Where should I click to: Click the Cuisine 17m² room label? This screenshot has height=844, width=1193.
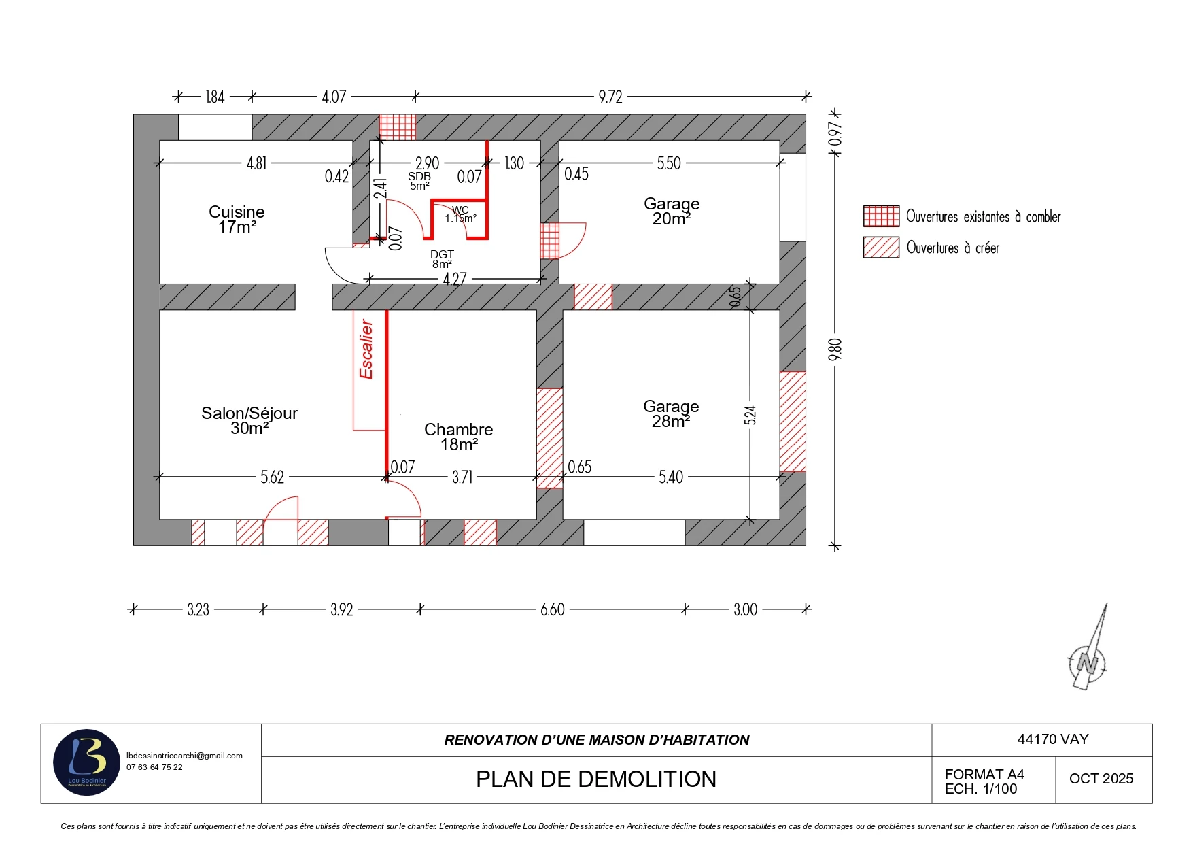(x=237, y=219)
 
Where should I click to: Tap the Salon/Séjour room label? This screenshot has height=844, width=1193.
(x=249, y=420)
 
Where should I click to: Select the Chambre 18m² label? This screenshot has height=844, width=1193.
(x=459, y=437)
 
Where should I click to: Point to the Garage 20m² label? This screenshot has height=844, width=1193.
(x=672, y=211)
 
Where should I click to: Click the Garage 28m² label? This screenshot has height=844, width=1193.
(x=671, y=413)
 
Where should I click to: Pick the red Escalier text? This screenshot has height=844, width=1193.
(x=366, y=350)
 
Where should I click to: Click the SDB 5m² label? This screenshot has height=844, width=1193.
(x=419, y=181)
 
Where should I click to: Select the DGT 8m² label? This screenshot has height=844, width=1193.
(x=442, y=259)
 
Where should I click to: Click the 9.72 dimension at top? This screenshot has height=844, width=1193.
(x=610, y=97)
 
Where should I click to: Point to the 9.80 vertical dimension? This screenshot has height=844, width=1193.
(x=835, y=350)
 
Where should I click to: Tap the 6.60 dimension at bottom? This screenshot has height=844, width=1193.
(x=553, y=609)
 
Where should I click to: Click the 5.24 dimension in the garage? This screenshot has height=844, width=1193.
(x=750, y=415)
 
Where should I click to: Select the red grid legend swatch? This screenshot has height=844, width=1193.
(x=881, y=216)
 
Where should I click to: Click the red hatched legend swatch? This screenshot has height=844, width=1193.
(x=881, y=248)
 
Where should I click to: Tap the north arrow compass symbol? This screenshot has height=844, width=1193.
(x=1088, y=649)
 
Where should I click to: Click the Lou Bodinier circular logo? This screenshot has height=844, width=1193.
(x=87, y=762)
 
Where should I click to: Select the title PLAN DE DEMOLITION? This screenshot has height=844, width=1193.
(x=596, y=779)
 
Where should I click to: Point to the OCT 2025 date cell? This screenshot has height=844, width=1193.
(x=1101, y=779)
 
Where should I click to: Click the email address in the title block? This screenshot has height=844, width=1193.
(x=184, y=756)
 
